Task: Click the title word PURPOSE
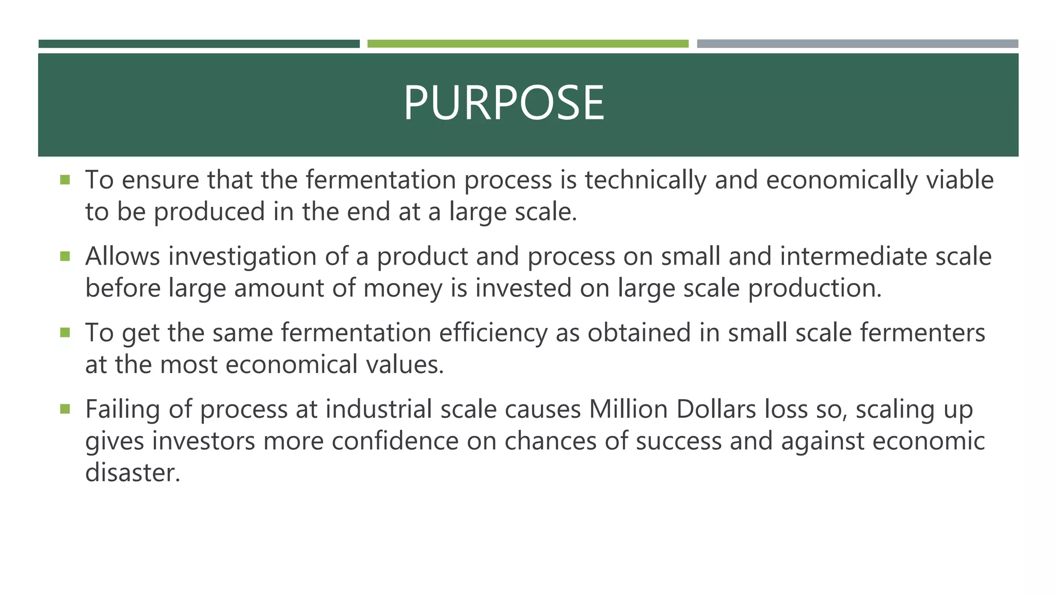[503, 103]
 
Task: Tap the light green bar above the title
[527, 44]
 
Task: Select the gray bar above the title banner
[857, 44]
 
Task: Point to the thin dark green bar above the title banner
[199, 44]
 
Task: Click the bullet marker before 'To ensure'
[65, 180]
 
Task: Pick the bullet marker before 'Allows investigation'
[65, 256]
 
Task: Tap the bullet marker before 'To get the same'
[65, 333]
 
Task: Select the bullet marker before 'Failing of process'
[65, 409]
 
